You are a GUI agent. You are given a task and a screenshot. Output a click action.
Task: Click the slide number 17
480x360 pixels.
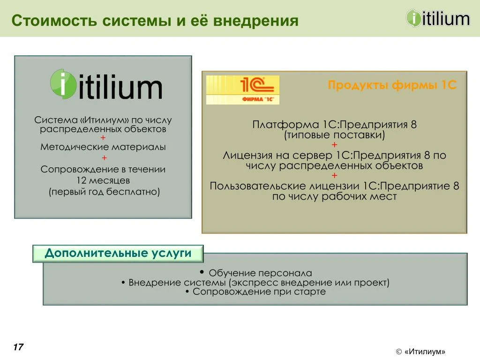(x=18, y=347)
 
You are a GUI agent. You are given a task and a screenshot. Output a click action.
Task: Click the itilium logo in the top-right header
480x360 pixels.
(x=437, y=19)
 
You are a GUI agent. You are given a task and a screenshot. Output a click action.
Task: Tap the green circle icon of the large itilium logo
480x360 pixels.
(x=63, y=84)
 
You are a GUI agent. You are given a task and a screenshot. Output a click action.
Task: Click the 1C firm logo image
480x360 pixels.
(x=243, y=90)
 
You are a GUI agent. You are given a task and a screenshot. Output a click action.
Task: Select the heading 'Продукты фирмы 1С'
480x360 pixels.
(x=392, y=86)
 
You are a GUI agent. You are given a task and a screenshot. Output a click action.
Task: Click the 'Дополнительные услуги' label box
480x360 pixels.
(x=118, y=254)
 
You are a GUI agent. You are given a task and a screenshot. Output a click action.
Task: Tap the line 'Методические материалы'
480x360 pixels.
(x=103, y=147)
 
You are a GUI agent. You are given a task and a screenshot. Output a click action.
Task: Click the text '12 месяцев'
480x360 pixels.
(x=103, y=180)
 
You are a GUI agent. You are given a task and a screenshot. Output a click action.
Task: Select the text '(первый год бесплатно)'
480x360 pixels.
(x=104, y=192)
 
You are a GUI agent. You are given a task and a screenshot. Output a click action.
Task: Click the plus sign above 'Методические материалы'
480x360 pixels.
(x=103, y=137)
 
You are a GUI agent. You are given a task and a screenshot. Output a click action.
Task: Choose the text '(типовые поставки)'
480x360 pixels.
(x=334, y=135)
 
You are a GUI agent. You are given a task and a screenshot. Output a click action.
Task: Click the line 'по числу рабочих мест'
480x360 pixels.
(x=334, y=196)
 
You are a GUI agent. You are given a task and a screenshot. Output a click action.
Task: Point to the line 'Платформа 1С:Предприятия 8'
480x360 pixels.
(x=334, y=125)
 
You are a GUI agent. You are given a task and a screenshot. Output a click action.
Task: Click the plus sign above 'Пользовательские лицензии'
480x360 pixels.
(x=334, y=176)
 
